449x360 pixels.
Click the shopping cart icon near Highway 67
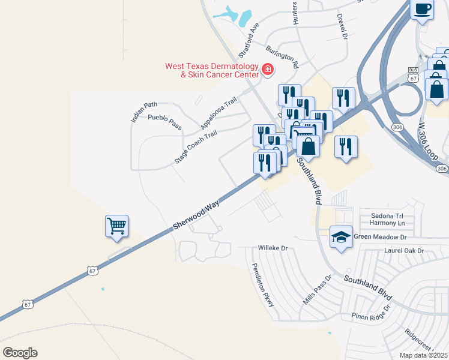116,226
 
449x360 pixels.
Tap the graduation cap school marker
341,237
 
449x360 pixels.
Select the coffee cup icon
422,9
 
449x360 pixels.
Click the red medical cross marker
267,71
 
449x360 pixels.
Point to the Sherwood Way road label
196,215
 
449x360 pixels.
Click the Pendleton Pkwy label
263,285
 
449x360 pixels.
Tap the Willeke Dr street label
273,247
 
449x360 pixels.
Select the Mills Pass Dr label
318,290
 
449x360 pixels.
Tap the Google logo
20,352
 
